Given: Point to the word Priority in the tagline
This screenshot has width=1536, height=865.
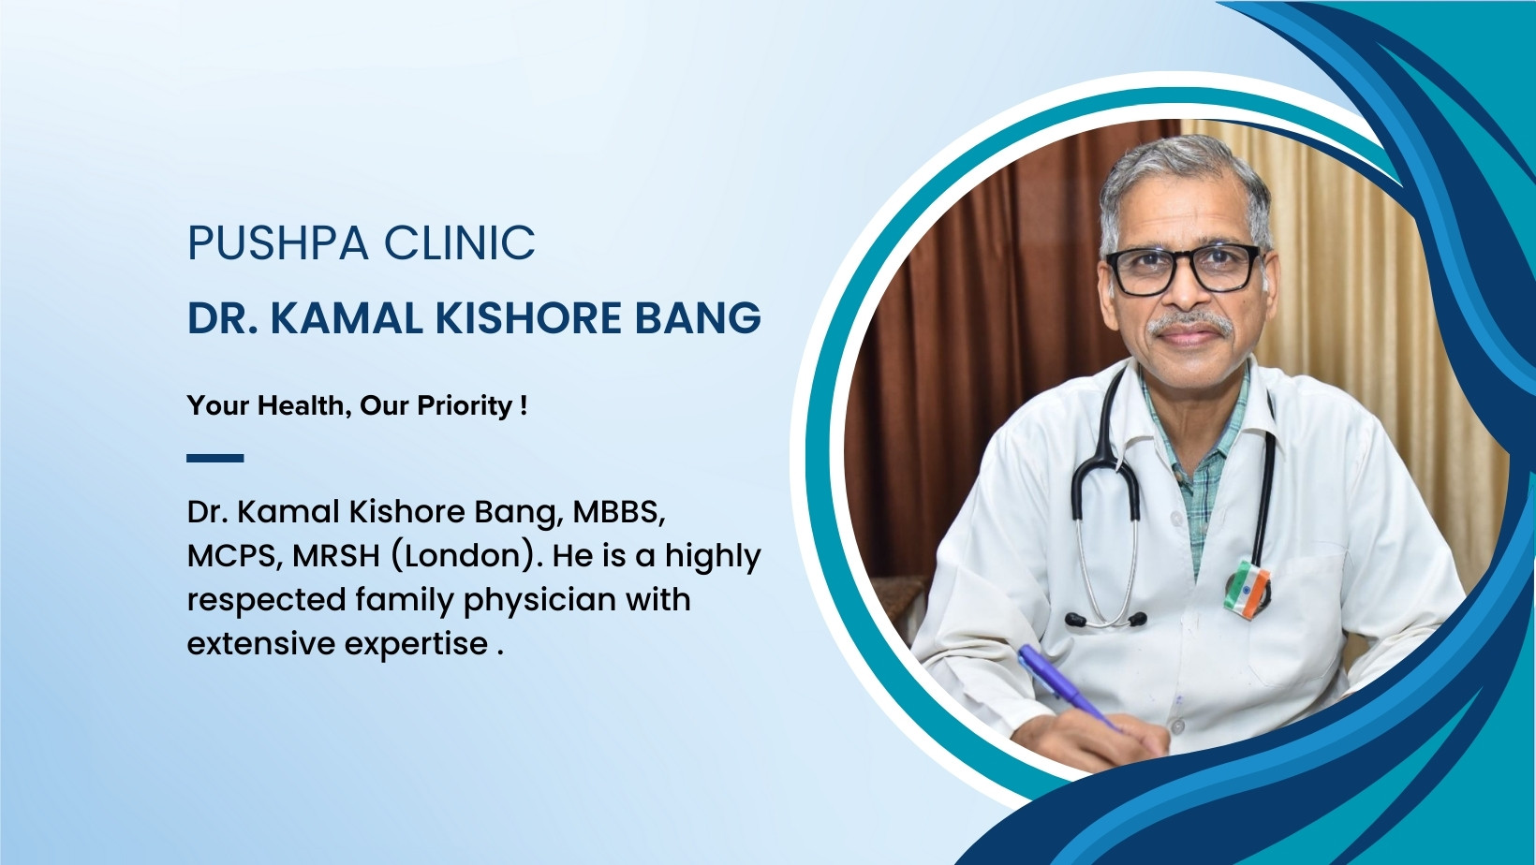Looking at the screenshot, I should tap(465, 406).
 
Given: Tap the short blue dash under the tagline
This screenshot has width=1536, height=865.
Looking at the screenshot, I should tap(214, 458).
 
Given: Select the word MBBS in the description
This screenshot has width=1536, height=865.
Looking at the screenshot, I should tap(618, 512).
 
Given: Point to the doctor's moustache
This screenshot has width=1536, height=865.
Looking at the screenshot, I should tap(1190, 324).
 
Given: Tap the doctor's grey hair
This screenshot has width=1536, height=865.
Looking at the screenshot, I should tap(1180, 169).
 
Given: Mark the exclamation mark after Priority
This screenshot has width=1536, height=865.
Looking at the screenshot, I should tap(524, 406).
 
